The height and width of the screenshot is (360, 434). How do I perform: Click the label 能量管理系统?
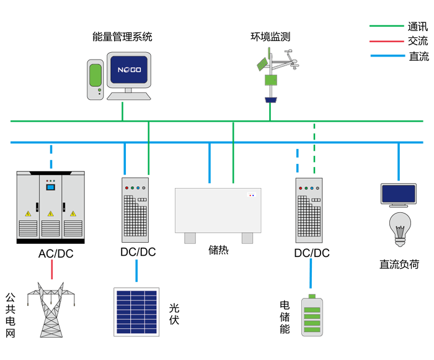click(x=122, y=37)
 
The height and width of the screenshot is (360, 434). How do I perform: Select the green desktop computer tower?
click(x=94, y=79)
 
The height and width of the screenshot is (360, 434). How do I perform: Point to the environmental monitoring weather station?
click(x=271, y=78)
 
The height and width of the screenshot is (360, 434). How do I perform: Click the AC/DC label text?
click(x=56, y=253)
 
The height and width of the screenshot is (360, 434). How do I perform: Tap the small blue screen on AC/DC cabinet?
click(x=50, y=186)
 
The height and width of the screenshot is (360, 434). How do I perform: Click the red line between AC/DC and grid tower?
click(x=52, y=270)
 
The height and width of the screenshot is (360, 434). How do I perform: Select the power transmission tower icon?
click(x=52, y=310)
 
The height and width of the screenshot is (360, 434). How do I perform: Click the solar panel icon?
click(x=136, y=312)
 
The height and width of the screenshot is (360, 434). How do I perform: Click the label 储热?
click(x=218, y=250)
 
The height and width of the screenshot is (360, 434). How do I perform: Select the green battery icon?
click(x=312, y=316)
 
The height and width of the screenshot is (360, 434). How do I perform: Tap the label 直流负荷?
click(x=399, y=264)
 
